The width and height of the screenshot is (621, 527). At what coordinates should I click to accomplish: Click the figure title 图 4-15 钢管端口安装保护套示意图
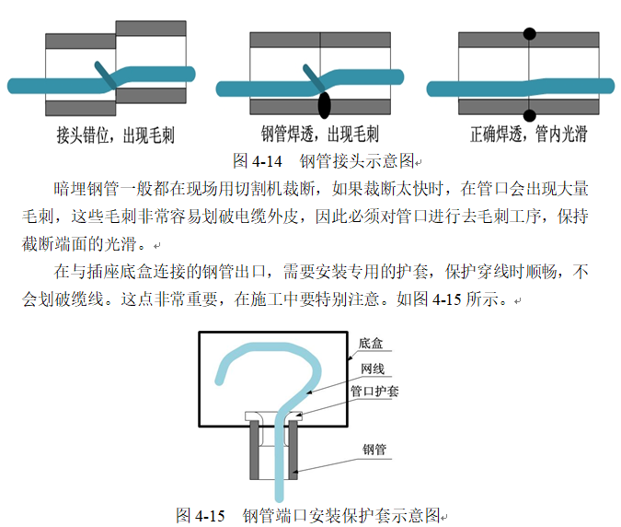[312, 514]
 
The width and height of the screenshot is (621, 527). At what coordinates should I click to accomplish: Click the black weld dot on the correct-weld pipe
[529, 35]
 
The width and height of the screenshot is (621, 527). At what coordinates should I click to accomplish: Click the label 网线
[373, 369]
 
